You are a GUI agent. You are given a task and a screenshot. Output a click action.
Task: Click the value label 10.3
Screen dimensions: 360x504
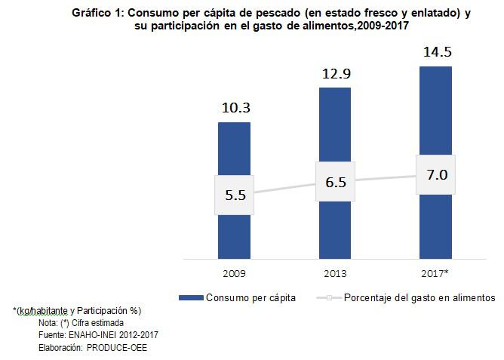(x=235, y=108)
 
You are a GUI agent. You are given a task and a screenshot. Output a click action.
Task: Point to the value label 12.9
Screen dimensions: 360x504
(x=335, y=73)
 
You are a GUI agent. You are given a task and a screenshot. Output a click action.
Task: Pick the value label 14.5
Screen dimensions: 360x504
(x=436, y=53)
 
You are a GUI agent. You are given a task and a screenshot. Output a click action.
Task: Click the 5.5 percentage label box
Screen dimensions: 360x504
(x=235, y=194)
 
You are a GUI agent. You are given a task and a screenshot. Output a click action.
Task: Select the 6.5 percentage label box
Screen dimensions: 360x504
(x=335, y=182)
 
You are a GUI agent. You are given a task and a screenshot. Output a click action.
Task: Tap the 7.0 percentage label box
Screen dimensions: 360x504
(x=436, y=174)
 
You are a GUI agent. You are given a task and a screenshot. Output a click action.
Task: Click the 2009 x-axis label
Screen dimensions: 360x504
(x=235, y=272)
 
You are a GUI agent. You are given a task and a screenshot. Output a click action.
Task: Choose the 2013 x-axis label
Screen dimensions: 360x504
(x=335, y=272)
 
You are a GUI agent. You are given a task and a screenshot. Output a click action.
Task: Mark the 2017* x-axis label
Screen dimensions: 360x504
(x=436, y=272)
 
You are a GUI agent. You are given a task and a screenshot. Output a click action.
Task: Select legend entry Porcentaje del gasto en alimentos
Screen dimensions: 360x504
(x=419, y=297)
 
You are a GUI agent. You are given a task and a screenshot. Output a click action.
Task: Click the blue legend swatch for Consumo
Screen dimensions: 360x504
(x=190, y=298)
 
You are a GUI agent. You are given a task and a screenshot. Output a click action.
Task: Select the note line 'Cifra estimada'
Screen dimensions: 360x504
(x=99, y=322)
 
